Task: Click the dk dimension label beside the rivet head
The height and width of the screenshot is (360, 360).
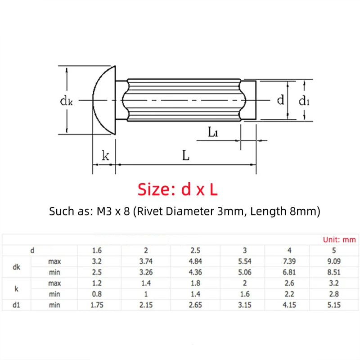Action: click(67, 101)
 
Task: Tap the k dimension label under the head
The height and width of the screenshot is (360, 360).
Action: click(105, 156)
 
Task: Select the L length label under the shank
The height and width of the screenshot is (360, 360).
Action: click(185, 156)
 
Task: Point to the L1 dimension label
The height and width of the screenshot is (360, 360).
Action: click(213, 132)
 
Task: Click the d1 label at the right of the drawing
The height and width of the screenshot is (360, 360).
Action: click(305, 101)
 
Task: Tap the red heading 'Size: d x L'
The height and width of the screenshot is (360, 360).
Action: click(178, 189)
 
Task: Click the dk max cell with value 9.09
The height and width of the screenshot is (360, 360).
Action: click(333, 261)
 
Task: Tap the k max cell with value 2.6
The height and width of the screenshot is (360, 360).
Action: click(289, 283)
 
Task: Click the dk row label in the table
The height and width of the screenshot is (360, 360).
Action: click(16, 267)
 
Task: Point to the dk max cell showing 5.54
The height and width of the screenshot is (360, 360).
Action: click(245, 261)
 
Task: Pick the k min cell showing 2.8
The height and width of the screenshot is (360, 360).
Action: click(333, 295)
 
